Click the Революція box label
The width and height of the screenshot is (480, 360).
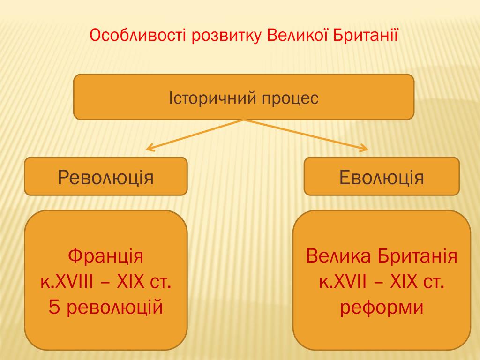(105, 178)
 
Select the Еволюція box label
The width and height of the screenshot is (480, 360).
(382, 178)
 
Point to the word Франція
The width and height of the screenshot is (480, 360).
(105, 256)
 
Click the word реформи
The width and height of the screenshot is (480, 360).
(382, 307)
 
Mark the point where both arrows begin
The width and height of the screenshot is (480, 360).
(244, 120)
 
